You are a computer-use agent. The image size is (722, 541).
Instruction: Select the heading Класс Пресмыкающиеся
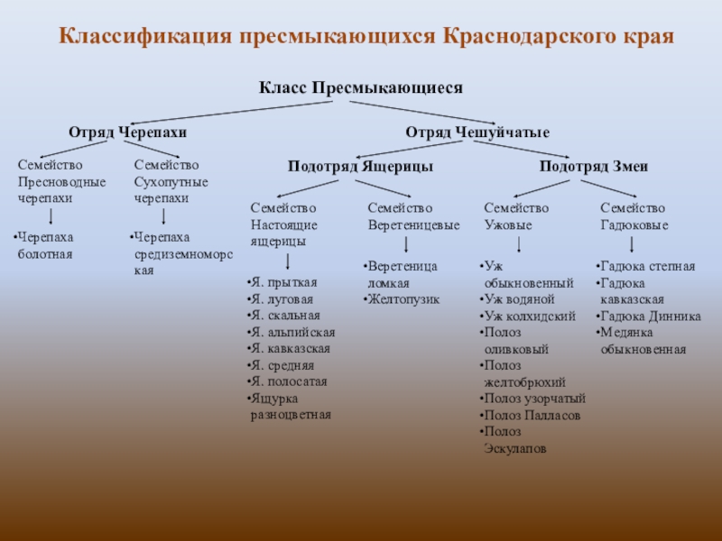pos(361,88)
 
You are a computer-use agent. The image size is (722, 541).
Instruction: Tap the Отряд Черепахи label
pos(127,133)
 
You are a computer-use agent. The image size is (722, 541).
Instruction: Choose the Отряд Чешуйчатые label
pos(477,133)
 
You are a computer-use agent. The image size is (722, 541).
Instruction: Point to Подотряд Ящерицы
pos(347,167)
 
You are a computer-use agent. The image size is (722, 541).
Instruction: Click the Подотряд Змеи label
pos(594,167)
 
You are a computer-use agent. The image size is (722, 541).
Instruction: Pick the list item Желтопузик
pos(403,299)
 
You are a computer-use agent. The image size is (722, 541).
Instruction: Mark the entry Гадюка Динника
pos(649,316)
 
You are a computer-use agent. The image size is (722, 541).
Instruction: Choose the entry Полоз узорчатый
pos(534,398)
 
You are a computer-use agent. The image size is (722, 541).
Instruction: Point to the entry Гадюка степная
pos(647,267)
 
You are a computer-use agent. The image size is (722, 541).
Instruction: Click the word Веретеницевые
pos(414,225)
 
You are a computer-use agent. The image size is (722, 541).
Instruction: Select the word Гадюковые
pos(634,225)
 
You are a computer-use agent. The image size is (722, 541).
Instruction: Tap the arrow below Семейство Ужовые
pos(520,245)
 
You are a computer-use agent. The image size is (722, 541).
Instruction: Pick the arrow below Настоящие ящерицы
pos(287,261)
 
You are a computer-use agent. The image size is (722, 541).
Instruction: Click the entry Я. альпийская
pos(292,332)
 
